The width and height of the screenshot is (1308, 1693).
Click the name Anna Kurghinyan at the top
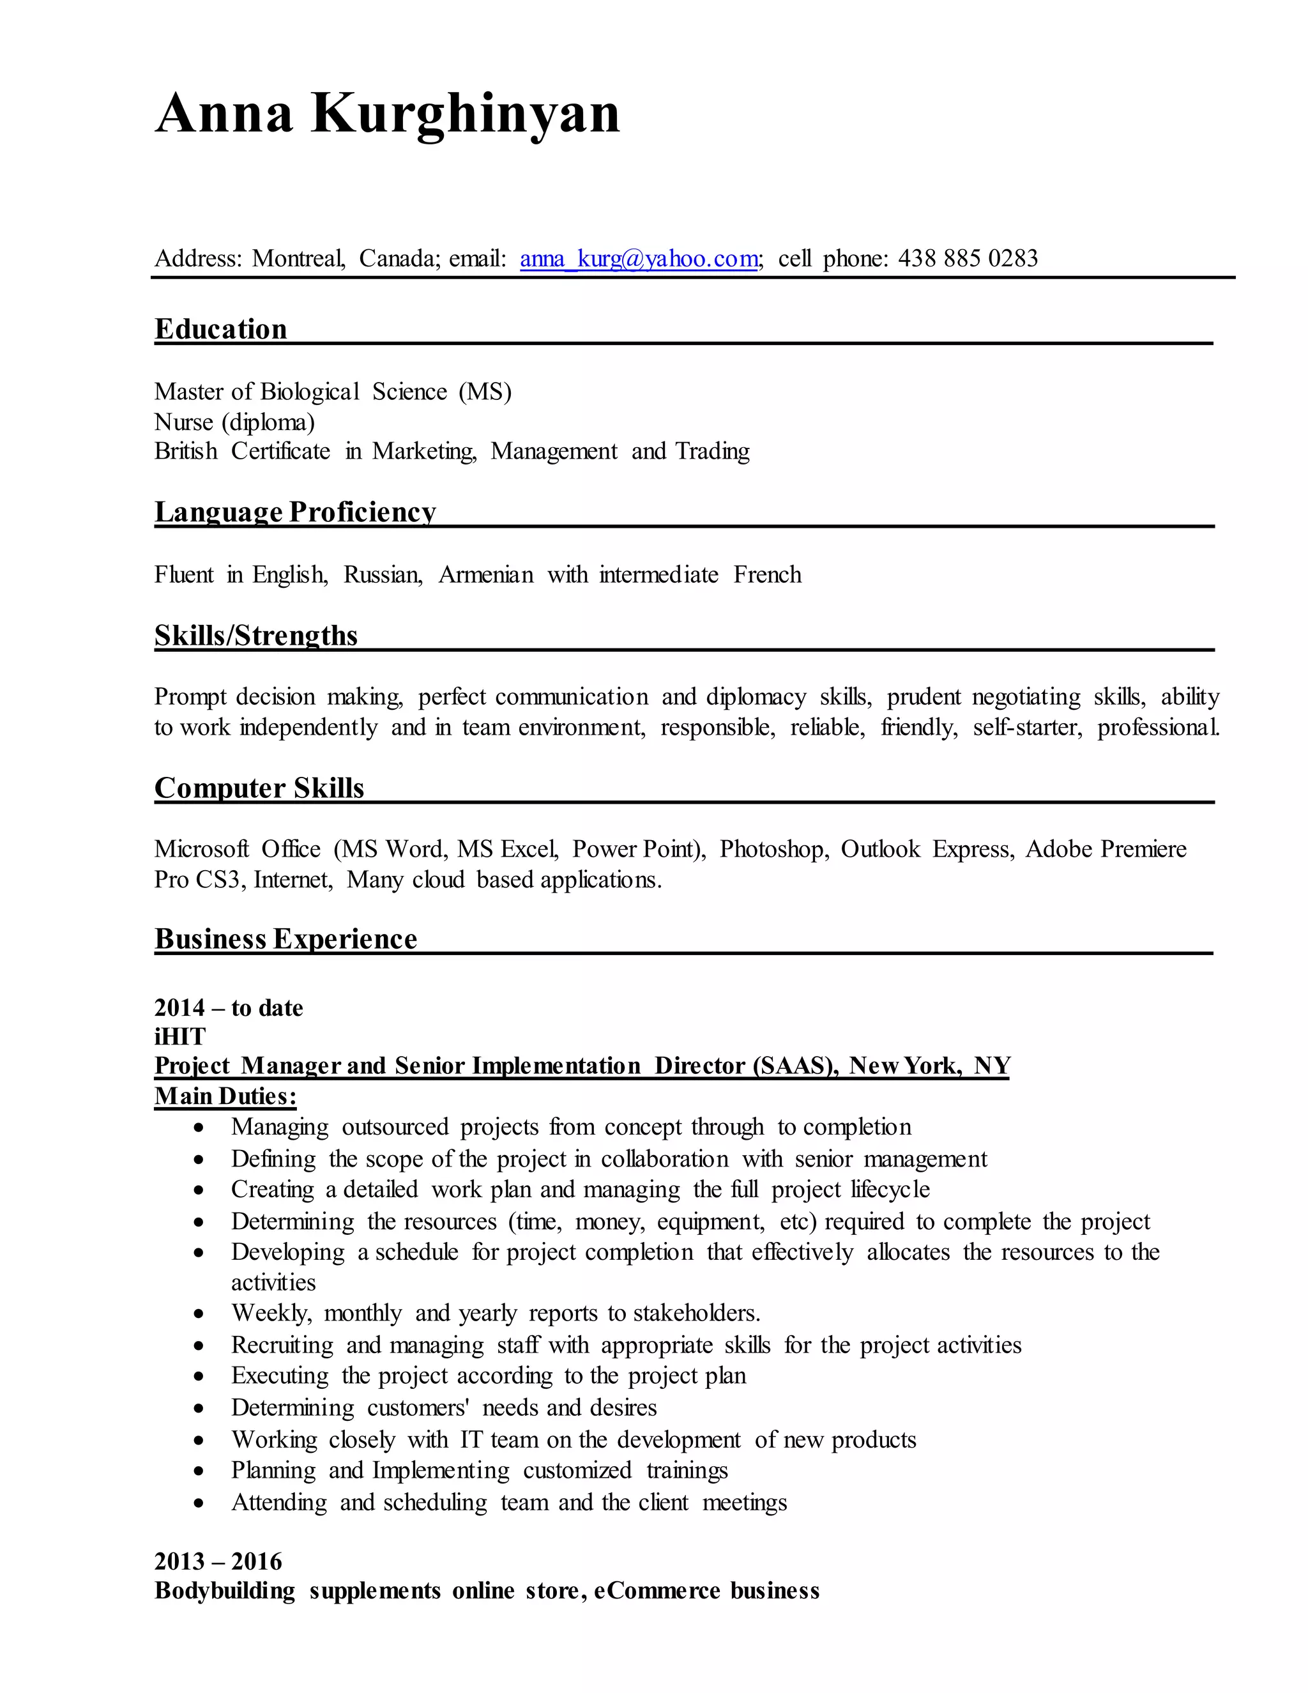[x=388, y=114]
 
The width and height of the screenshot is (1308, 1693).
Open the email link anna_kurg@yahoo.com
[x=639, y=258]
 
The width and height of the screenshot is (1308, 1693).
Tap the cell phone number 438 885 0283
[x=968, y=258]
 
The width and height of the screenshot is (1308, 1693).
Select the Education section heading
[x=221, y=328]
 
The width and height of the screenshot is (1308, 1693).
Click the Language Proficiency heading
[x=295, y=512]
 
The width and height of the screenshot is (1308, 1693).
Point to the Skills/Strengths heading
[x=255, y=635]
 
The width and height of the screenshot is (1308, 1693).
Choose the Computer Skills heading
[x=259, y=788]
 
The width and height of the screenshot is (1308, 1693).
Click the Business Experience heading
[x=285, y=938]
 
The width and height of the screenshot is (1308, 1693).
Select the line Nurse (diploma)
[x=234, y=422]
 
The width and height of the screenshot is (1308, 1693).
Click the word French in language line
[x=767, y=574]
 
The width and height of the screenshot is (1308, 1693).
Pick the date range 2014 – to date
[x=229, y=1007]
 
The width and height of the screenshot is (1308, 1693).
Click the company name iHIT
[x=179, y=1036]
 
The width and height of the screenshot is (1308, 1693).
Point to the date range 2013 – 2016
[x=218, y=1561]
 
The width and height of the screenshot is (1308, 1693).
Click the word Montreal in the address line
[x=298, y=258]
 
